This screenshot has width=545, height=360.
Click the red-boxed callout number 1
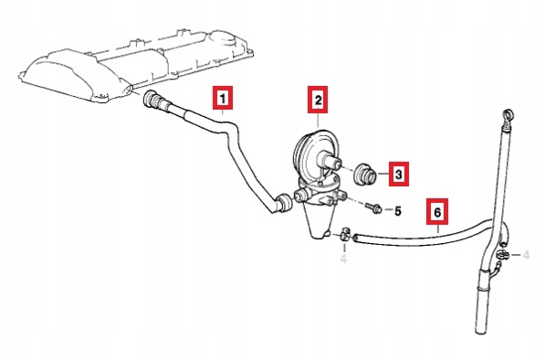point(223,98)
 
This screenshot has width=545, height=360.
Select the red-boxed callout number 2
point(318,101)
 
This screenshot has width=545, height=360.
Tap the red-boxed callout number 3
point(398,174)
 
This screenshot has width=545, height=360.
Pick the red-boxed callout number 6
point(437,211)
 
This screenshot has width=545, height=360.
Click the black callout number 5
point(398,211)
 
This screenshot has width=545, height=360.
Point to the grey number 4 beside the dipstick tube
point(526,255)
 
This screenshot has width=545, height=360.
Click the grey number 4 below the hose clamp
point(343,259)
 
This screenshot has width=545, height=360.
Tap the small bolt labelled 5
point(373,208)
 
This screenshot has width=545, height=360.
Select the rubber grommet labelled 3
point(365,174)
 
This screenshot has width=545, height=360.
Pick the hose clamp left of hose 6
point(344,234)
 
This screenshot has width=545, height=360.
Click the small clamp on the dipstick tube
point(503,255)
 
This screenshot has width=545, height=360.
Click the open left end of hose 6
point(355,238)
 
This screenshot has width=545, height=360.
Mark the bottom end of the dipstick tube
point(480,331)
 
